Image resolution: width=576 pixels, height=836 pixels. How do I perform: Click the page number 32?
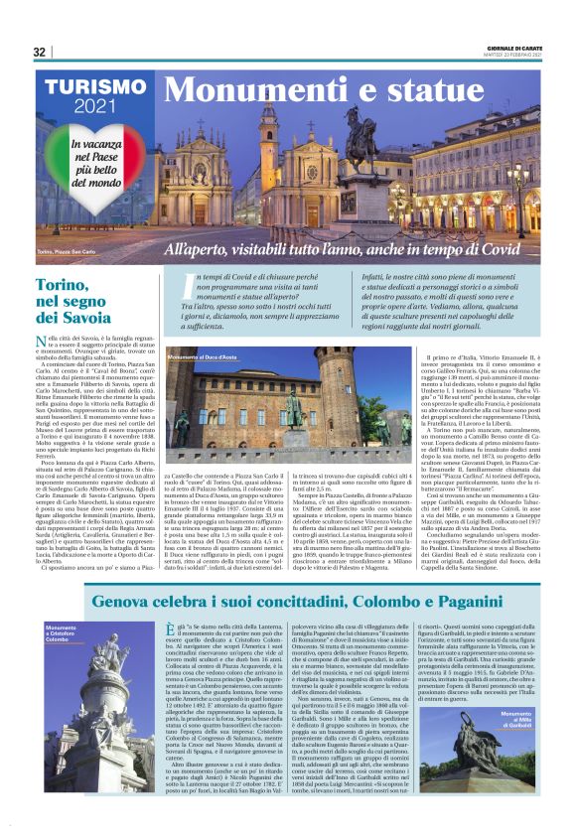click(40, 52)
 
